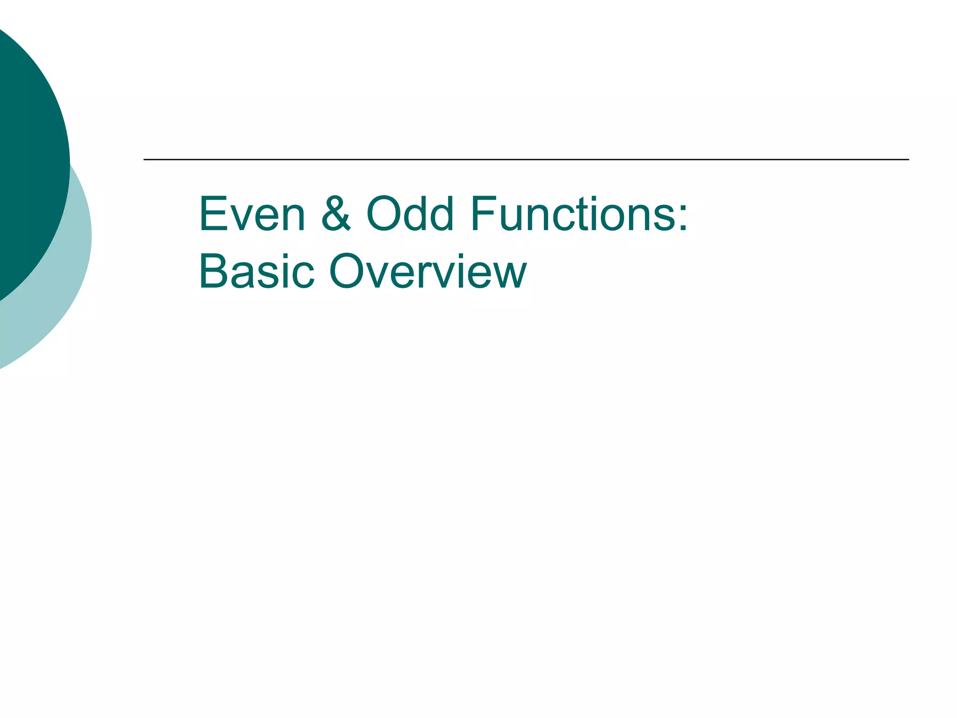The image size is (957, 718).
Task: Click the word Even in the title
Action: [x=252, y=214]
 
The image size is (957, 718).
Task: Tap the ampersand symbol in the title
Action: [x=336, y=214]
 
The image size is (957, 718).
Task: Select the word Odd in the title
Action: [x=410, y=214]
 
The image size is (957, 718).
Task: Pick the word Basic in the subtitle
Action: [x=257, y=272]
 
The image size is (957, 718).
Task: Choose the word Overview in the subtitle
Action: [x=428, y=272]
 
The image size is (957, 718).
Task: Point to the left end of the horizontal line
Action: [x=144, y=159]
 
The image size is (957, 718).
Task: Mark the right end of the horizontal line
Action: [x=908, y=159]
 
